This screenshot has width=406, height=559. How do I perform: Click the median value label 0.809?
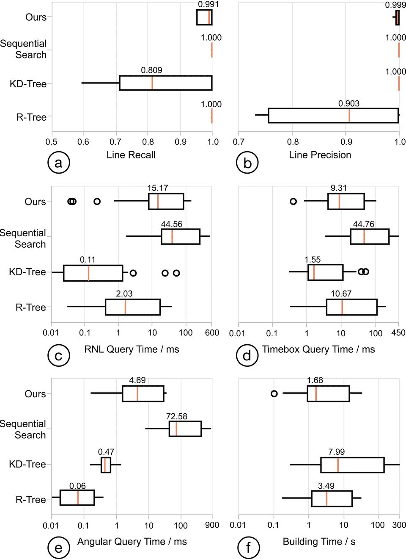click(x=151, y=70)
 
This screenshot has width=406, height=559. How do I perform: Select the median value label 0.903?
click(x=349, y=103)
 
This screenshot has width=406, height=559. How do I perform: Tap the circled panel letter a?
click(x=59, y=163)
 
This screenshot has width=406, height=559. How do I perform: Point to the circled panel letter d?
click(x=247, y=356)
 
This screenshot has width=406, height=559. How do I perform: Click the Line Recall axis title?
click(x=131, y=155)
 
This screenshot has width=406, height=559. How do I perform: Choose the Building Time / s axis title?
click(x=319, y=542)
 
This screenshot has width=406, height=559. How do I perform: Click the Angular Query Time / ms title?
click(x=132, y=542)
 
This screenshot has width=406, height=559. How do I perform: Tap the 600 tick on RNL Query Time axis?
click(x=212, y=333)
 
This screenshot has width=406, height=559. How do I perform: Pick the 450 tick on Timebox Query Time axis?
click(x=398, y=333)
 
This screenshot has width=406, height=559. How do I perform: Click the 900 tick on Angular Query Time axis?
click(x=212, y=525)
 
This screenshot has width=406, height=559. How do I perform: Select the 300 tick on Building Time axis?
click(x=399, y=525)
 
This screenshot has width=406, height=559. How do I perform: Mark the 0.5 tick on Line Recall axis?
click(x=52, y=142)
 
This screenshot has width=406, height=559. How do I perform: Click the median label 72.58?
click(x=177, y=416)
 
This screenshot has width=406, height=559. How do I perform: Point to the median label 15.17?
click(x=158, y=188)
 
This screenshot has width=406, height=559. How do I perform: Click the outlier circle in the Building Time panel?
click(x=274, y=394)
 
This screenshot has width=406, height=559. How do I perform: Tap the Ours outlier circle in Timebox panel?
click(x=293, y=201)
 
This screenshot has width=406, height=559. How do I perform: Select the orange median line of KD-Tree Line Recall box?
click(x=152, y=83)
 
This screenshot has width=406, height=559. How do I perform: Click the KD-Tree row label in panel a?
click(x=28, y=84)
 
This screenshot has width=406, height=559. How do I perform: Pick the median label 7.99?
click(x=337, y=452)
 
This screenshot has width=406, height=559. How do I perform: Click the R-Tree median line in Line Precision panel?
click(x=349, y=116)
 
